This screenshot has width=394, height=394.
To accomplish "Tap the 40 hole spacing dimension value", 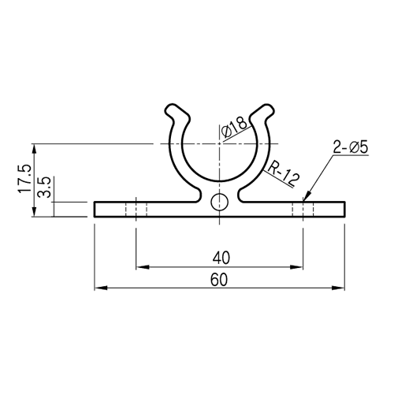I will [220, 257].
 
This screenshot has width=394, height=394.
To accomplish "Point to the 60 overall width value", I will [220, 279].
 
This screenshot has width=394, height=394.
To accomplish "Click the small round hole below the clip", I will [220, 200].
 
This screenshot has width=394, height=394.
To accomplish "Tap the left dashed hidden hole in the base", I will [136, 209].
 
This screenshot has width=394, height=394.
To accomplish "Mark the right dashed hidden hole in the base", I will [303, 209].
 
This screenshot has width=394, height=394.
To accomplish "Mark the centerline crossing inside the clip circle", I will [220, 144].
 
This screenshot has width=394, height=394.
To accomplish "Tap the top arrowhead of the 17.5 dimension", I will [34, 147].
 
